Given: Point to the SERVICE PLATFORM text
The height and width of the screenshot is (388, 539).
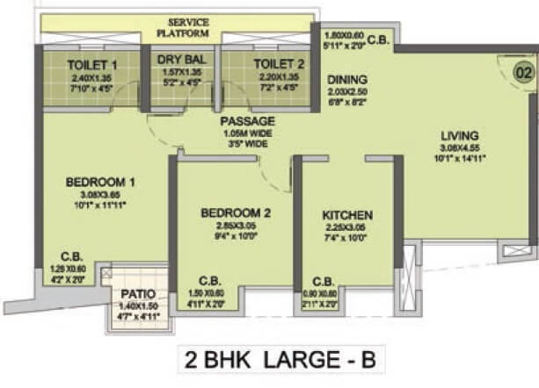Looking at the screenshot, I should [182, 27].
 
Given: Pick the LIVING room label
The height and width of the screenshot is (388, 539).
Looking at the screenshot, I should [461, 135].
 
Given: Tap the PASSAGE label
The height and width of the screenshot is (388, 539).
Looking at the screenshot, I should [247, 120].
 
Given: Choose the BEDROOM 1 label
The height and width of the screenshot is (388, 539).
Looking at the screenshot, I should [100, 183].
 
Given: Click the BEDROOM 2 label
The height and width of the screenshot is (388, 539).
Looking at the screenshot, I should [235, 212].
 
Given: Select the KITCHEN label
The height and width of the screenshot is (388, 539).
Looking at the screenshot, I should [348, 215].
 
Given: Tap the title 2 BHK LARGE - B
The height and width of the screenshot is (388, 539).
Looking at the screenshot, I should [268, 361].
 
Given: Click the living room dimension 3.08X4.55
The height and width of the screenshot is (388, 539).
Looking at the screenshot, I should [461, 148].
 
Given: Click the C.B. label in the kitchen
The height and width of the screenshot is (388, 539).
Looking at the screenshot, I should [323, 283].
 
